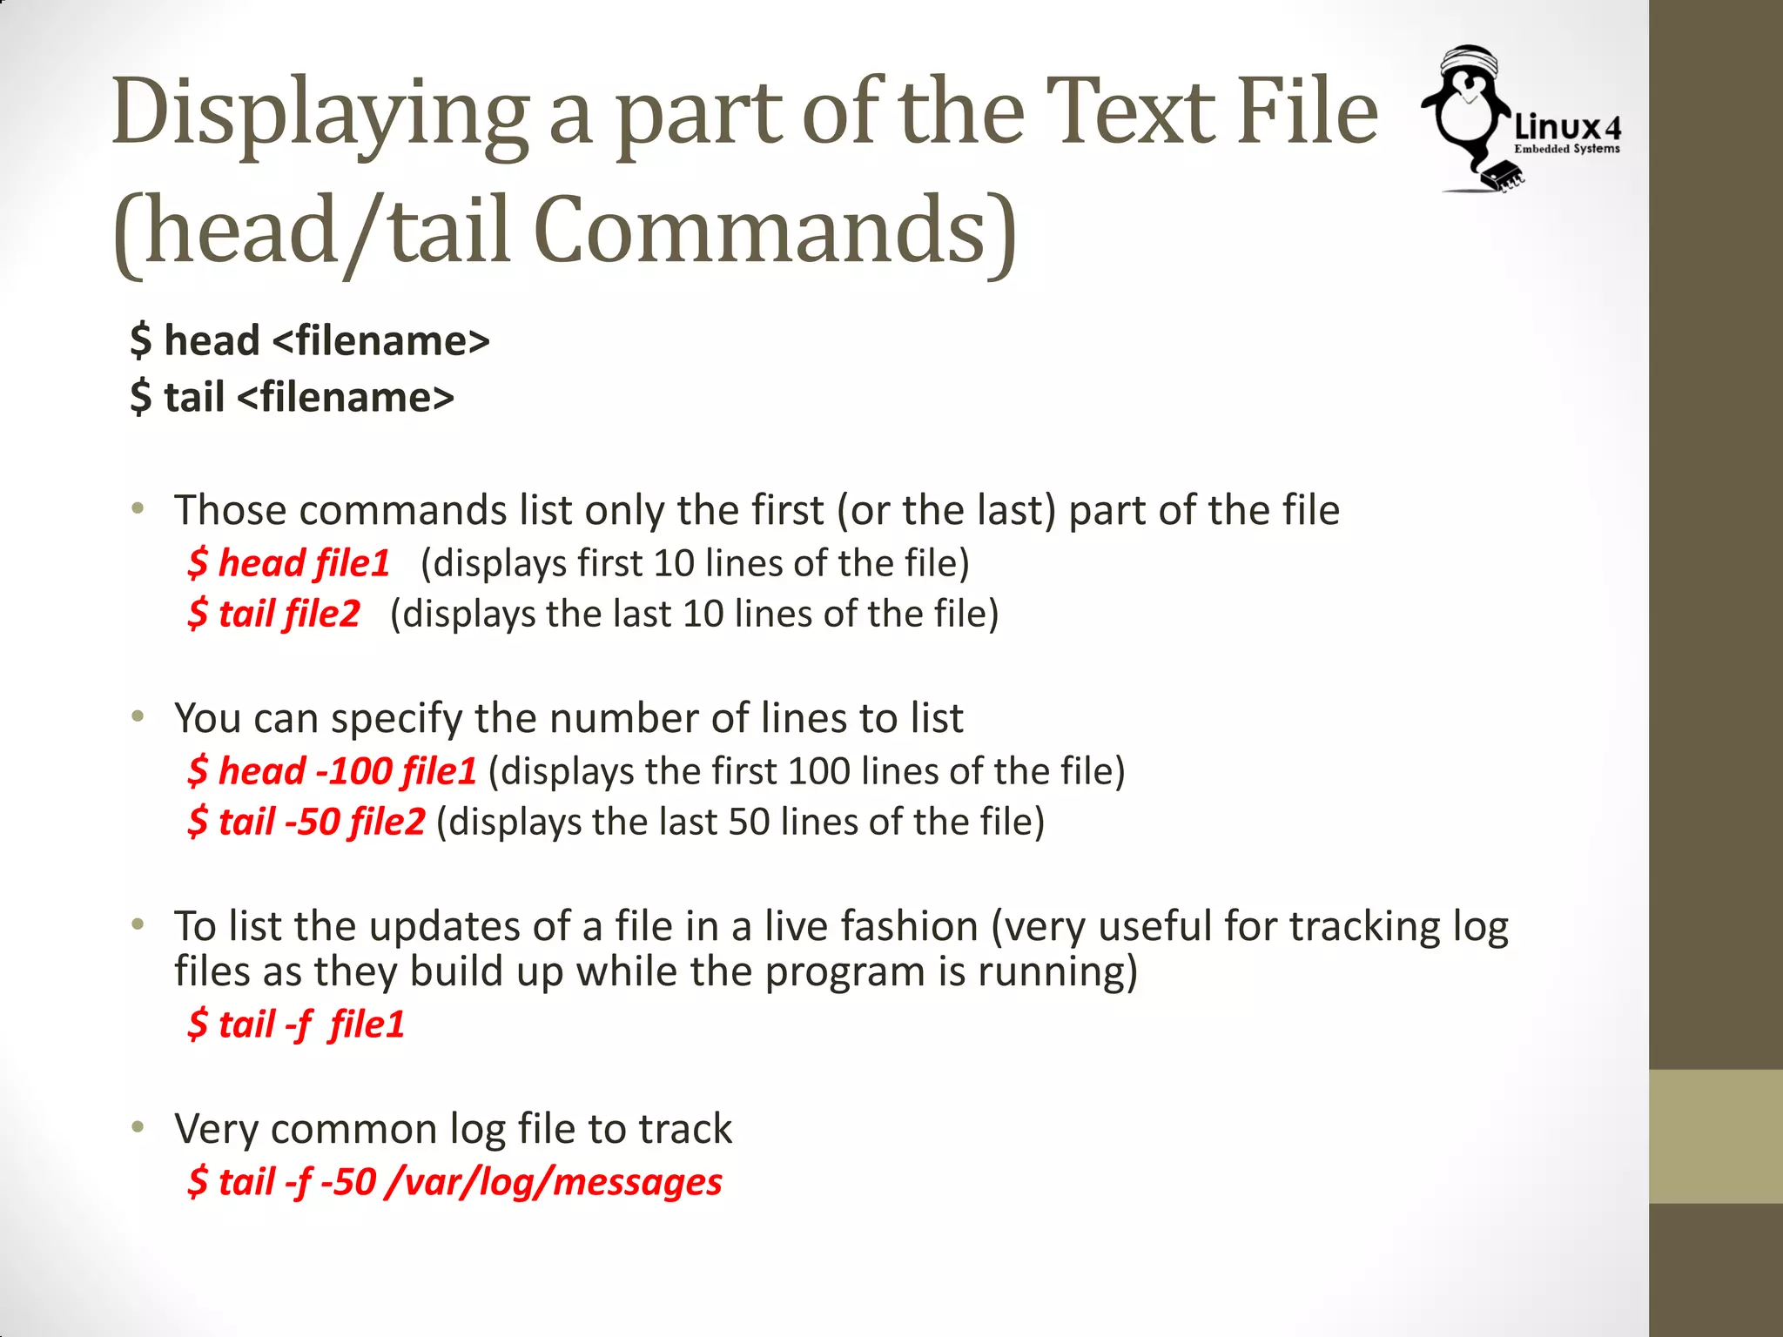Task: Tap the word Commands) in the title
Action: click(775, 231)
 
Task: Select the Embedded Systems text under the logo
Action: click(1566, 149)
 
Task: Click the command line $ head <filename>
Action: click(309, 340)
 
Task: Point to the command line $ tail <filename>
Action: click(292, 398)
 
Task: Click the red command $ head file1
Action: click(288, 563)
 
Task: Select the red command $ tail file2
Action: click(273, 614)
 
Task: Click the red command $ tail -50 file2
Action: click(306, 822)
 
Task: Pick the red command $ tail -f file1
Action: click(296, 1025)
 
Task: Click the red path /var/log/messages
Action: click(554, 1182)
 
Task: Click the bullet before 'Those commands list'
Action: click(138, 509)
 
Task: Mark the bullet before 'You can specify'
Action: click(138, 717)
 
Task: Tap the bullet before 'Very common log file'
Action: click(138, 1128)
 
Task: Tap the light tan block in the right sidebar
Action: click(1716, 1136)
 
